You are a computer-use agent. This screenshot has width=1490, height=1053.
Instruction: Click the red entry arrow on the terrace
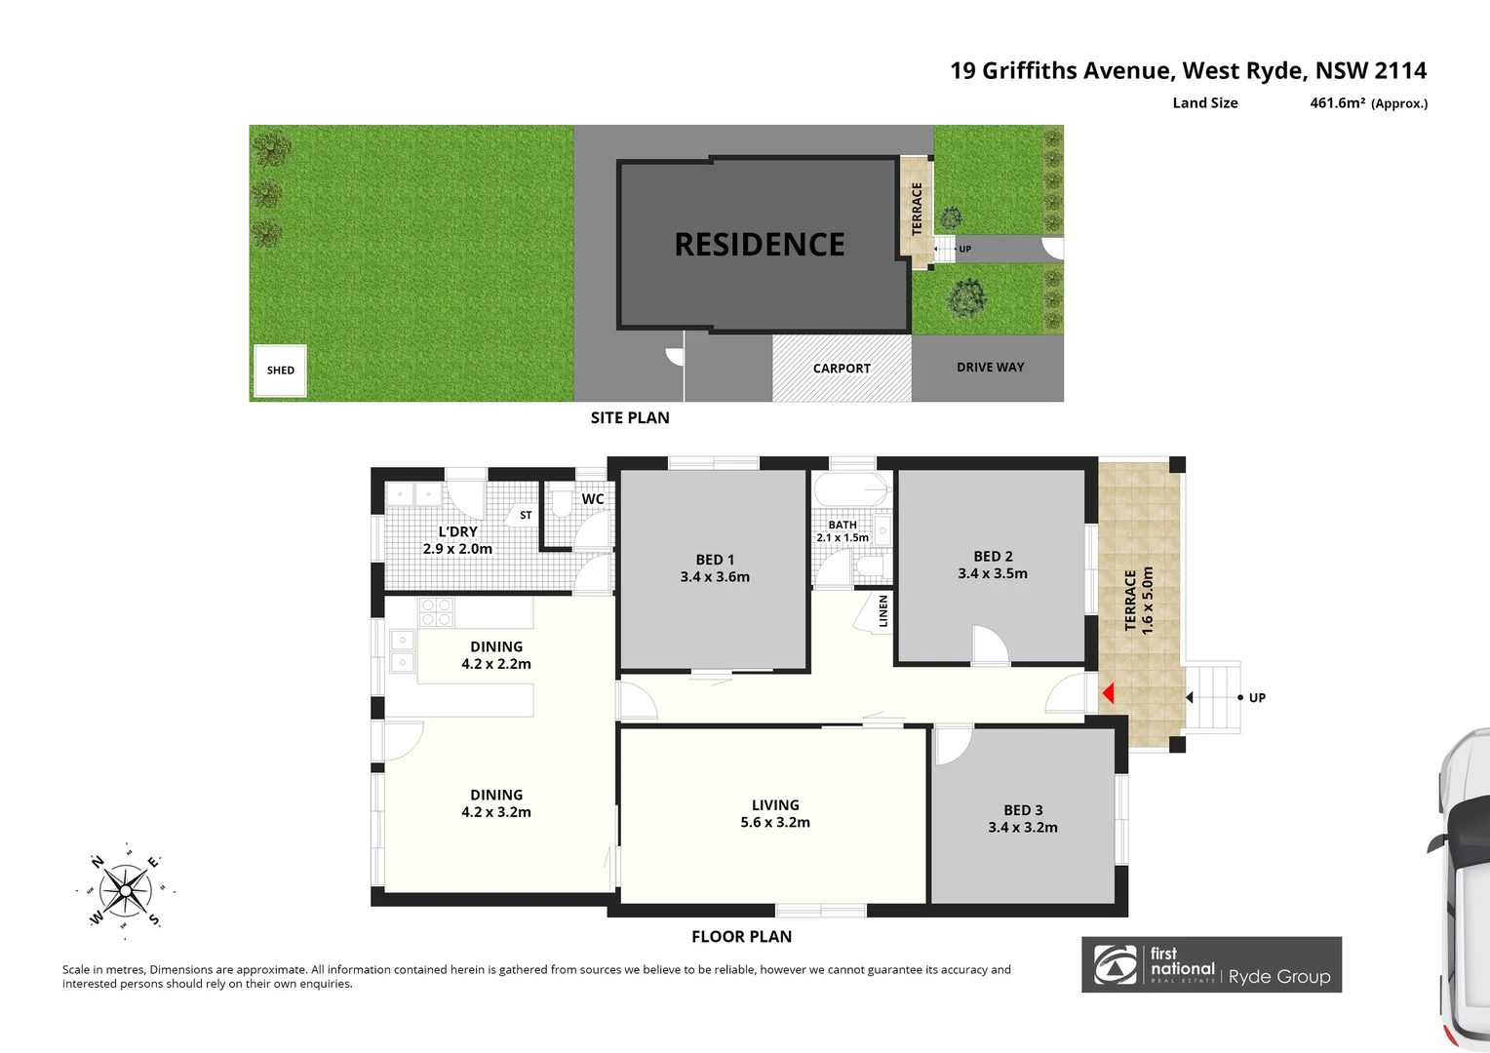click(x=1108, y=693)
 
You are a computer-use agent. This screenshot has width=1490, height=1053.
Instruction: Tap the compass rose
click(x=126, y=890)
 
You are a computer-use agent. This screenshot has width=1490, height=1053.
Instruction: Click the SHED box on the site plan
click(x=281, y=370)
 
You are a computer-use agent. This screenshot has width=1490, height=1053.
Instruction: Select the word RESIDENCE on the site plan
click(x=760, y=245)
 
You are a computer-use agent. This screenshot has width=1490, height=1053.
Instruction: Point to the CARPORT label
click(x=842, y=369)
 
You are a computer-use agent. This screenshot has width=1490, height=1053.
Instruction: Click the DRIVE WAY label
click(x=990, y=368)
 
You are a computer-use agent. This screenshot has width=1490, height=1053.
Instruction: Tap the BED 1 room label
click(x=715, y=560)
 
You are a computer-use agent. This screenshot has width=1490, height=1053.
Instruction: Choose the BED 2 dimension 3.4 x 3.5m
click(x=993, y=573)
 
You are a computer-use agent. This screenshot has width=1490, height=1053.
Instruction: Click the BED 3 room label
click(x=1023, y=810)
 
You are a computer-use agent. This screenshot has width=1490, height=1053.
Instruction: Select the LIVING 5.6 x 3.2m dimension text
click(x=775, y=822)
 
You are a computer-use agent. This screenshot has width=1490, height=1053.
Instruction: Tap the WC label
click(x=593, y=499)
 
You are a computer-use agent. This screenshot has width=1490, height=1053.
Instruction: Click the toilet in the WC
click(x=561, y=504)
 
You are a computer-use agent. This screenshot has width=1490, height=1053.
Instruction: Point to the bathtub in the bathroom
click(x=850, y=489)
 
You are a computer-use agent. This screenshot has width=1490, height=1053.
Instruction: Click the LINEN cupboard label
click(x=883, y=610)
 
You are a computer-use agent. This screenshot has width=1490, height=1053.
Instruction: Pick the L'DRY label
click(x=457, y=531)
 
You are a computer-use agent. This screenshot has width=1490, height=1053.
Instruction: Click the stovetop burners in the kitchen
click(x=436, y=612)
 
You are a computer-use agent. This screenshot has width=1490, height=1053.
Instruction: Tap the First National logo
click(x=1116, y=964)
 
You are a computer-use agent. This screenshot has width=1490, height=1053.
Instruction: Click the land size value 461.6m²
click(x=1337, y=103)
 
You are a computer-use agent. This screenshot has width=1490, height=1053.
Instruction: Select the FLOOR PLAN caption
click(x=741, y=936)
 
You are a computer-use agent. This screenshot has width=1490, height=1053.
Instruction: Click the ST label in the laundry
click(x=526, y=516)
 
